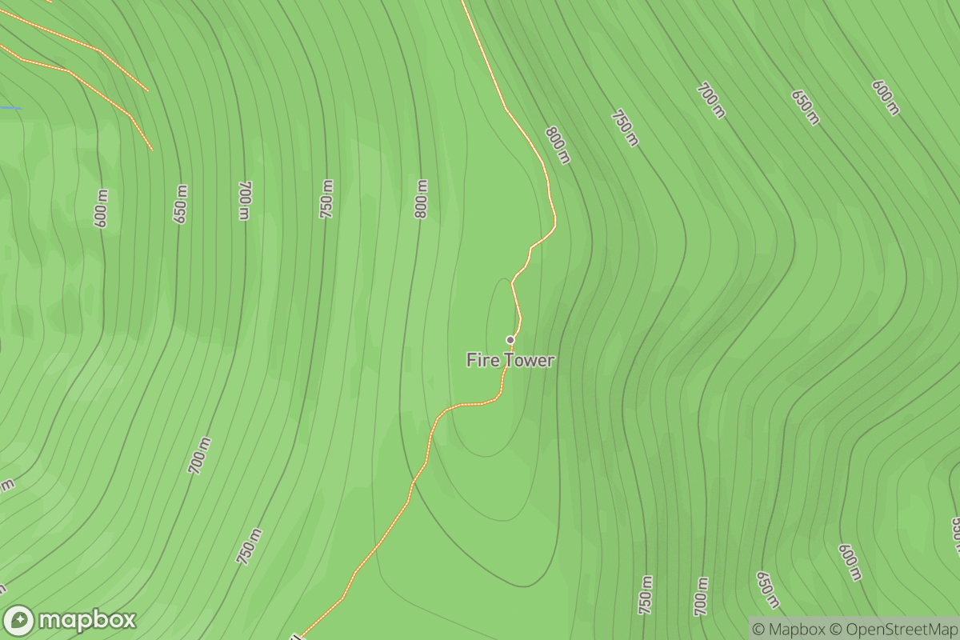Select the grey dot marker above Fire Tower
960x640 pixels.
click(510, 340)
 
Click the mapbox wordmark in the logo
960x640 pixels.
click(87, 620)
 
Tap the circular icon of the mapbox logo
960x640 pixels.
click(19, 621)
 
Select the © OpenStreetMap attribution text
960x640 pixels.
click(891, 629)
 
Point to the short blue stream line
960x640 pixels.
click(10, 108)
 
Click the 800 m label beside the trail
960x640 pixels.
click(558, 145)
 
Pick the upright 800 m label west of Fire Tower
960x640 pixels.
click(421, 199)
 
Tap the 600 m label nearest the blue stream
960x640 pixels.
click(101, 209)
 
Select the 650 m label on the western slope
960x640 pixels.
click(181, 205)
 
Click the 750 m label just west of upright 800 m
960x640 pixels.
click(326, 200)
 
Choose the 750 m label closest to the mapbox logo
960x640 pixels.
click(249, 546)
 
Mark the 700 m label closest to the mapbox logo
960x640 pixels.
click(200, 456)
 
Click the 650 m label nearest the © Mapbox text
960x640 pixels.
click(767, 590)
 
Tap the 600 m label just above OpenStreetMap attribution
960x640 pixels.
click(850, 562)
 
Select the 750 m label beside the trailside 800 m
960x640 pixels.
click(625, 128)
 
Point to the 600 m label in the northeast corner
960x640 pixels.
click(886, 98)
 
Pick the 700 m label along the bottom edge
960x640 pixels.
click(702, 596)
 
